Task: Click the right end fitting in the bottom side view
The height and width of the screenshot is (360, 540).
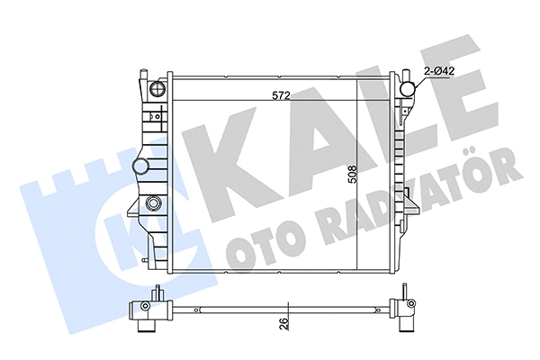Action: [x=403, y=310]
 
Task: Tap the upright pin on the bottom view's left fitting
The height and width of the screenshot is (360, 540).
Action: [x=157, y=293]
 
